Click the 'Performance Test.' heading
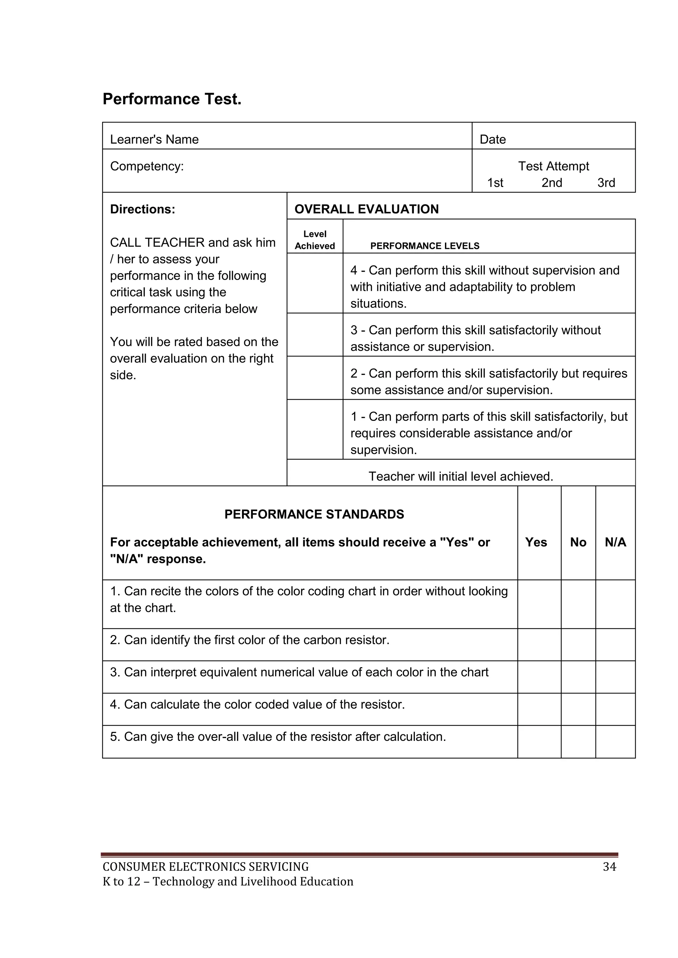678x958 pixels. (x=172, y=99)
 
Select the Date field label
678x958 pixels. (x=493, y=139)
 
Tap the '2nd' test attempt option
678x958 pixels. (x=552, y=183)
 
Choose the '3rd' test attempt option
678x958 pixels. (x=606, y=183)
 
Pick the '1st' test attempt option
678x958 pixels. (x=495, y=183)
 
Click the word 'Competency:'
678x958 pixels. (x=147, y=166)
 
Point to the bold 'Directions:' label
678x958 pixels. (x=142, y=209)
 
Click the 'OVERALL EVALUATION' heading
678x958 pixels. (x=366, y=209)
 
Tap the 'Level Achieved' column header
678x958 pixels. (x=315, y=240)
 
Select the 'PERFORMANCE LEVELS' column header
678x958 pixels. (x=425, y=246)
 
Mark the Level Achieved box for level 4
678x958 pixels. (x=315, y=283)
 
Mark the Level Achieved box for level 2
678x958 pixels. (x=315, y=378)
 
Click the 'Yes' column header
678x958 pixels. (x=536, y=542)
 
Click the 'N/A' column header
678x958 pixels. (x=615, y=542)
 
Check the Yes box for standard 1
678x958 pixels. (x=539, y=604)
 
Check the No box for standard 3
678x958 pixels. (x=578, y=677)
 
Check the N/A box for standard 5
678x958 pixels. (x=615, y=742)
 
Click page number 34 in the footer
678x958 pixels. (x=609, y=867)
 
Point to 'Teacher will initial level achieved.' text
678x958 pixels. (x=460, y=476)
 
